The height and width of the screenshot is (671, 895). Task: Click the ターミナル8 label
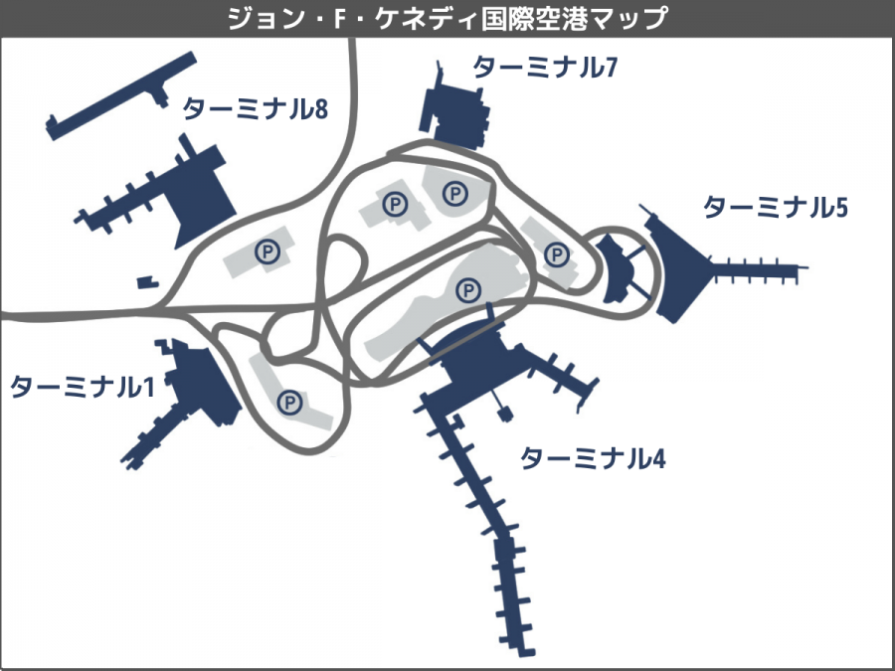coord(256,108)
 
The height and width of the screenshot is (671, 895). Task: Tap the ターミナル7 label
coord(545,68)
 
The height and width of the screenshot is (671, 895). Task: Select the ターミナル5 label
coord(775,207)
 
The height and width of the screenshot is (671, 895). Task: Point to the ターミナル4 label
coord(593,457)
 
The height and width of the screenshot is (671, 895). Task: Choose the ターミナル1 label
coord(83,387)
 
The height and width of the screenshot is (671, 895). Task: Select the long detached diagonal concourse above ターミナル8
coord(121,95)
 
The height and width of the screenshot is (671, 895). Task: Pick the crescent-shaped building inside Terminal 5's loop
coord(616,268)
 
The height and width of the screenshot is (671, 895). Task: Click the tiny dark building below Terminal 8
coord(148,282)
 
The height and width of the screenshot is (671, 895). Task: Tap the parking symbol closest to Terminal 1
coord(289,403)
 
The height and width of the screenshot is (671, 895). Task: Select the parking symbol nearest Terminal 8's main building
coord(268,252)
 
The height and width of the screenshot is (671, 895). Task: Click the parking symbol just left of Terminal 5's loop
coord(557,254)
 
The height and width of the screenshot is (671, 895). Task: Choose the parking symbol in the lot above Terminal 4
coord(468,290)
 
